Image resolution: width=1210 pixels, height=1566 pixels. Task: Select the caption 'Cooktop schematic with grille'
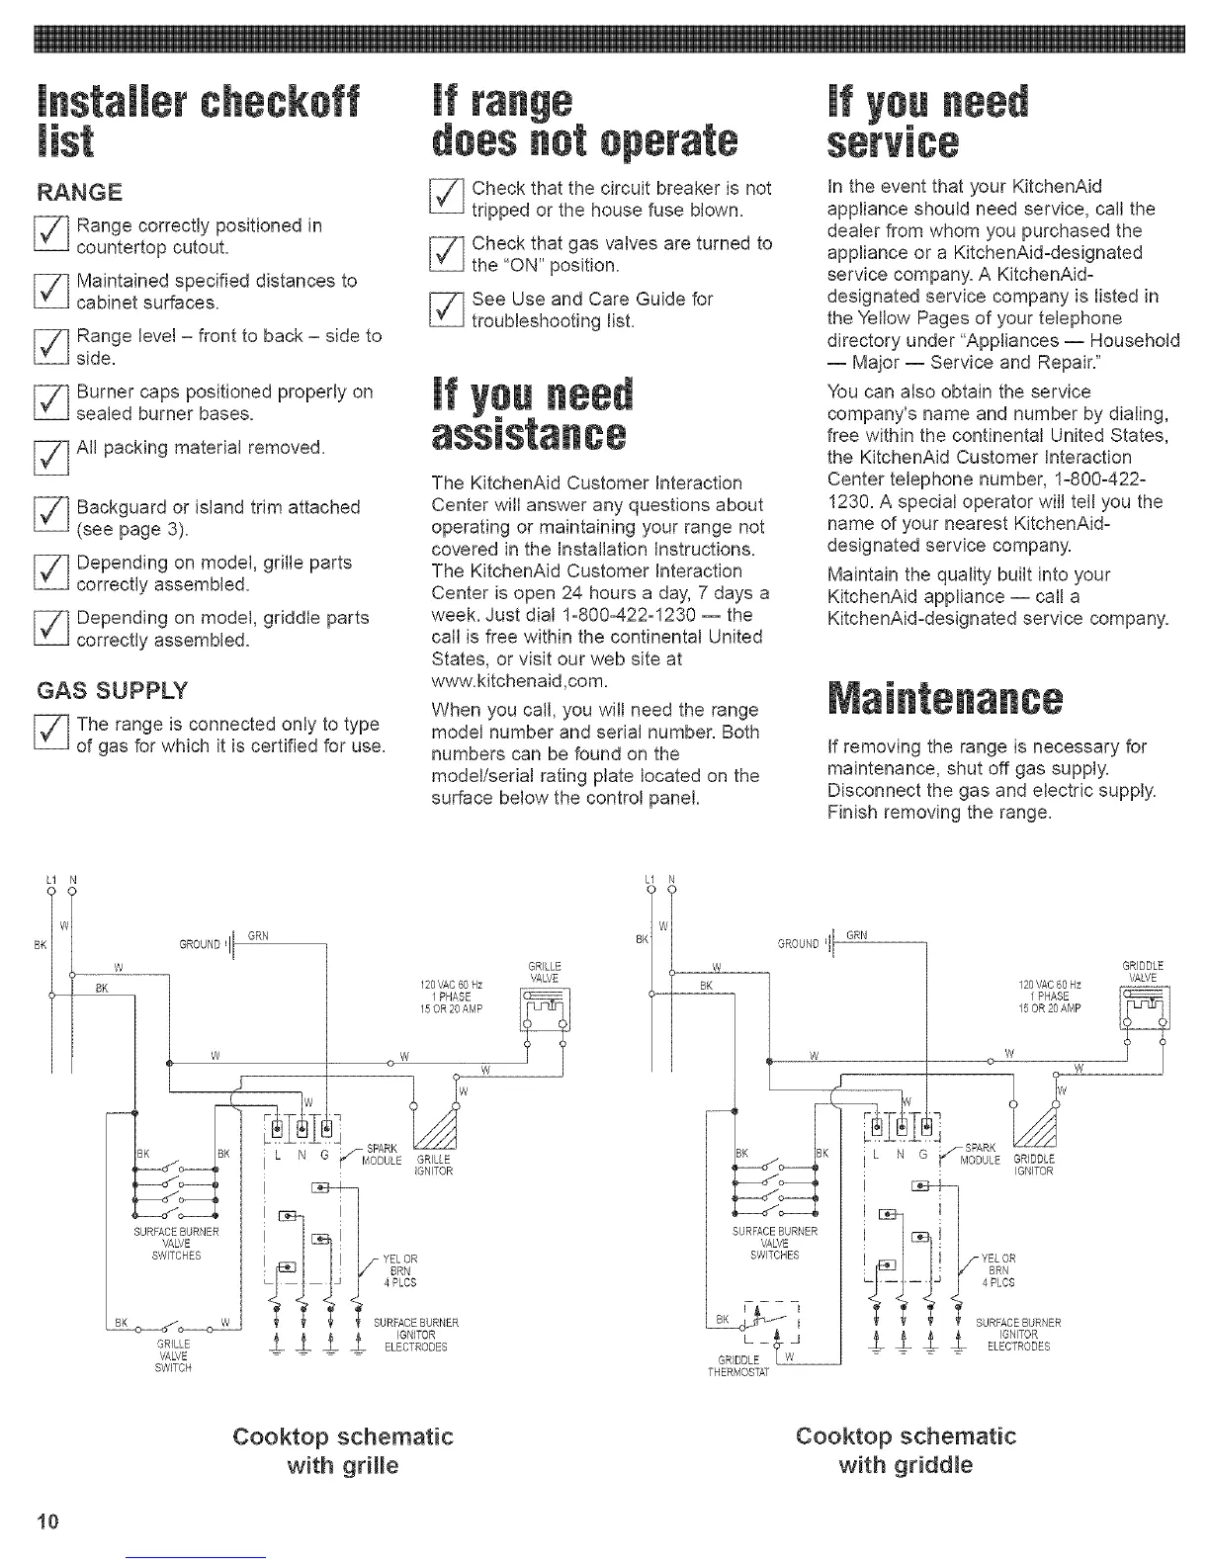[x=342, y=1449]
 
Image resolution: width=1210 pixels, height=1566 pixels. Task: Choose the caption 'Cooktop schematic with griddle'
[x=906, y=1449]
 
